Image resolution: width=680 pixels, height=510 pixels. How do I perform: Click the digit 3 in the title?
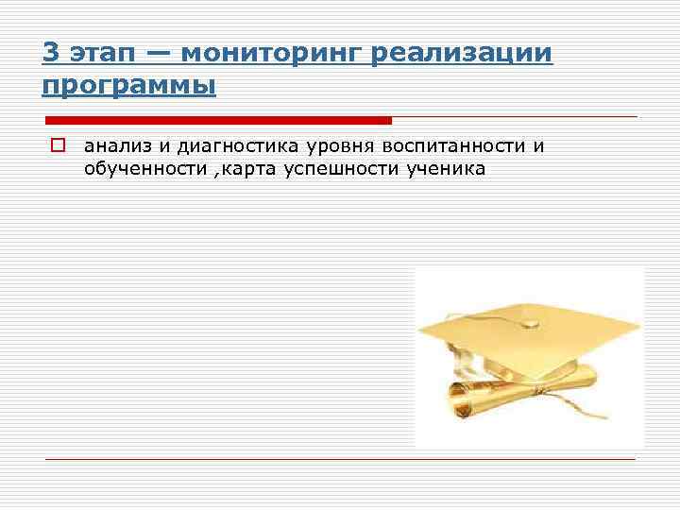50,52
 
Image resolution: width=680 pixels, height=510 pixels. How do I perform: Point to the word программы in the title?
129,86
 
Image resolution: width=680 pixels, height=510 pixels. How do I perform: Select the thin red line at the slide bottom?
340,459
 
